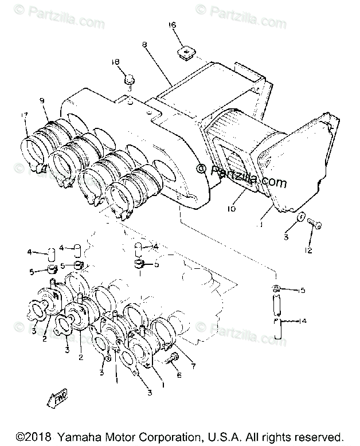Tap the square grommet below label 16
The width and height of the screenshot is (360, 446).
(x=185, y=53)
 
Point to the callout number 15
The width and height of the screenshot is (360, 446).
(x=301, y=291)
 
